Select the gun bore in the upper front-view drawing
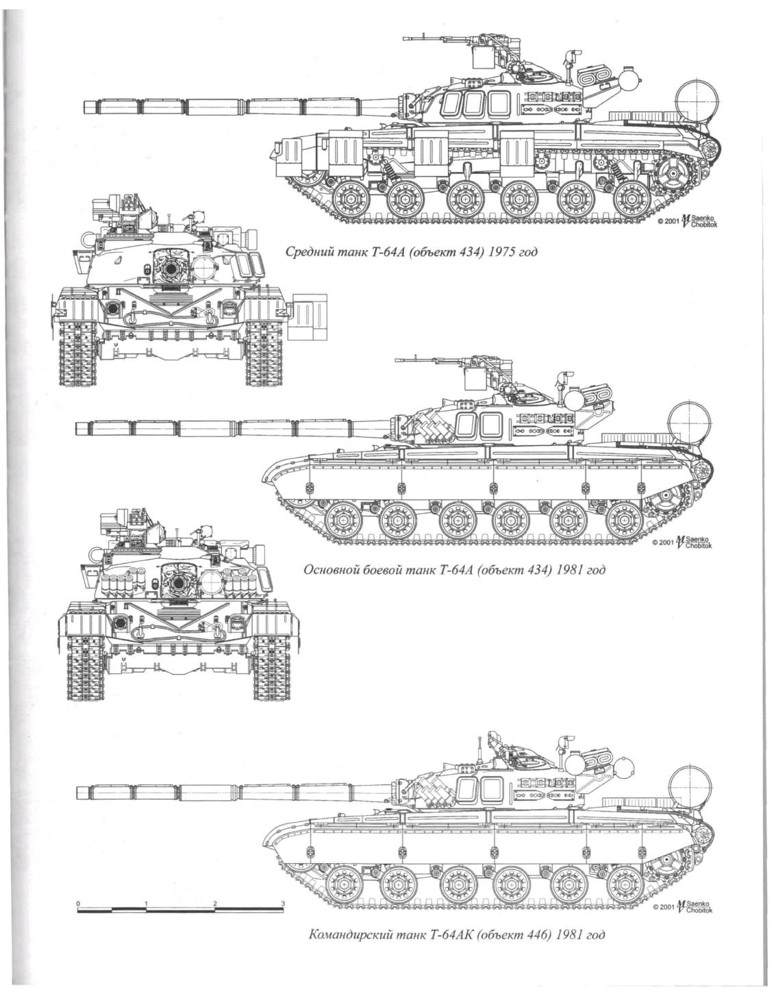click(168, 269)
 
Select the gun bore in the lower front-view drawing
click(178, 583)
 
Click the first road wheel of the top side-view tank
click(350, 200)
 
